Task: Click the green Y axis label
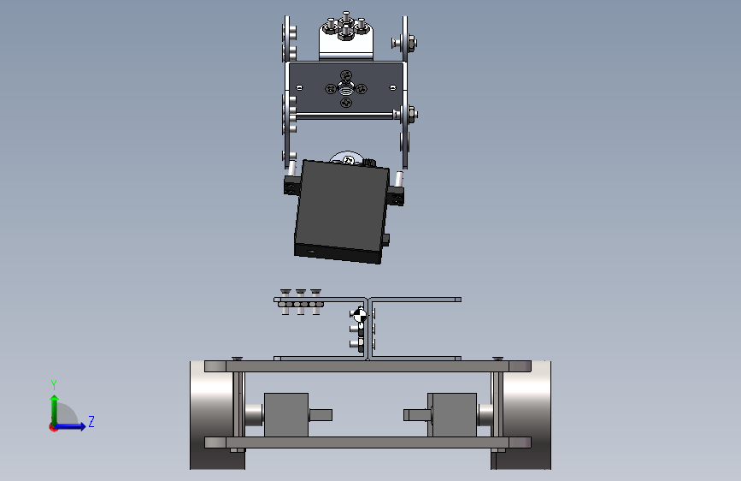click(54, 385)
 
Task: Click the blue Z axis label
click(91, 421)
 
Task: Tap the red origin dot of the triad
click(53, 427)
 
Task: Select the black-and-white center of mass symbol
click(359, 314)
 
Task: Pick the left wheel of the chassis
click(214, 415)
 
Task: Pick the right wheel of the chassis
click(524, 415)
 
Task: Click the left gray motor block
click(286, 415)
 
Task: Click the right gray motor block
click(452, 415)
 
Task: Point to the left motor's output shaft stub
click(321, 415)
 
